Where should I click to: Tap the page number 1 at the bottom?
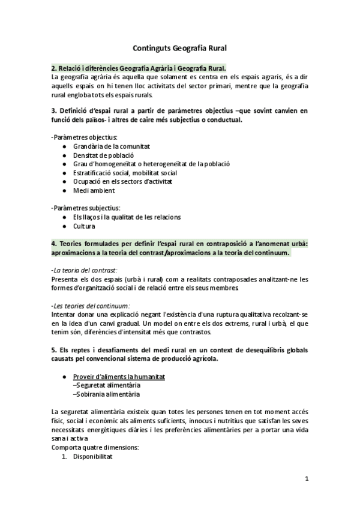pos(307,478)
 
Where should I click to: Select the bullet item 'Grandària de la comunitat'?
pos(111,146)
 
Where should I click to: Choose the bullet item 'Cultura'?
pos(84,226)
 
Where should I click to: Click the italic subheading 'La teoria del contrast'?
pos(85,270)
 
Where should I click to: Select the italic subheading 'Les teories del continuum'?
pos(91,306)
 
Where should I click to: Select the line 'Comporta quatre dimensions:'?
pos(95,448)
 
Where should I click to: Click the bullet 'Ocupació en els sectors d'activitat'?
pos(123,181)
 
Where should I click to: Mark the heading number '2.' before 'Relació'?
pos(55,68)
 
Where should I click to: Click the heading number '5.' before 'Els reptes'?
pos(55,350)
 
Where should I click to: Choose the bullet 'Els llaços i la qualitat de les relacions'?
pos(127,217)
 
